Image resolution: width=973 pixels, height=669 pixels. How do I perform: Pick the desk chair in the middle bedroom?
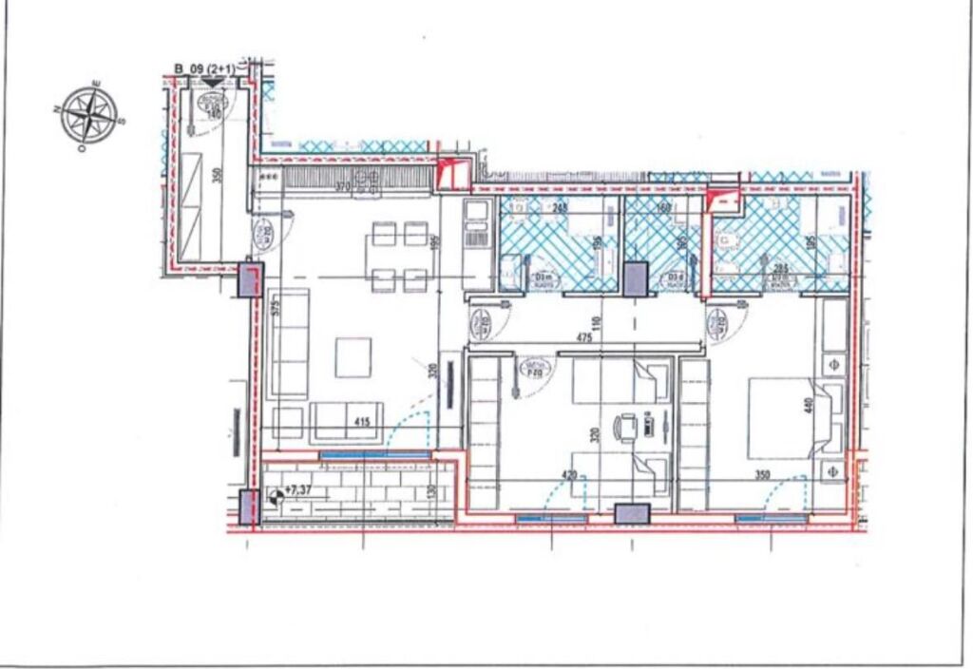pos(627,428)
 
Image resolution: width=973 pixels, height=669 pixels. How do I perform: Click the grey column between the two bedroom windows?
pos(630,514)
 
